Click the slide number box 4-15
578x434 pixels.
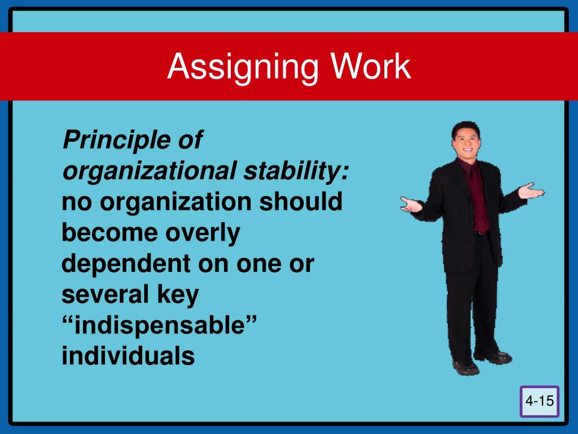[540, 401]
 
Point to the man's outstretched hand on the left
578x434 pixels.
[411, 204]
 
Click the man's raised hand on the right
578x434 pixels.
[531, 191]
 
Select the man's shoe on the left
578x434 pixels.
[466, 367]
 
